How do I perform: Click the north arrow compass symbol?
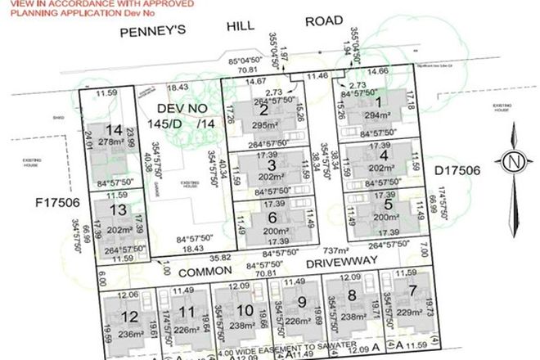[x=513, y=160]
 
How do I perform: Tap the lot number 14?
[x=114, y=131]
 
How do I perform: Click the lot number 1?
[x=380, y=102]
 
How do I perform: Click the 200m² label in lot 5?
[x=382, y=218]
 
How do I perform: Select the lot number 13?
[x=119, y=210]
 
